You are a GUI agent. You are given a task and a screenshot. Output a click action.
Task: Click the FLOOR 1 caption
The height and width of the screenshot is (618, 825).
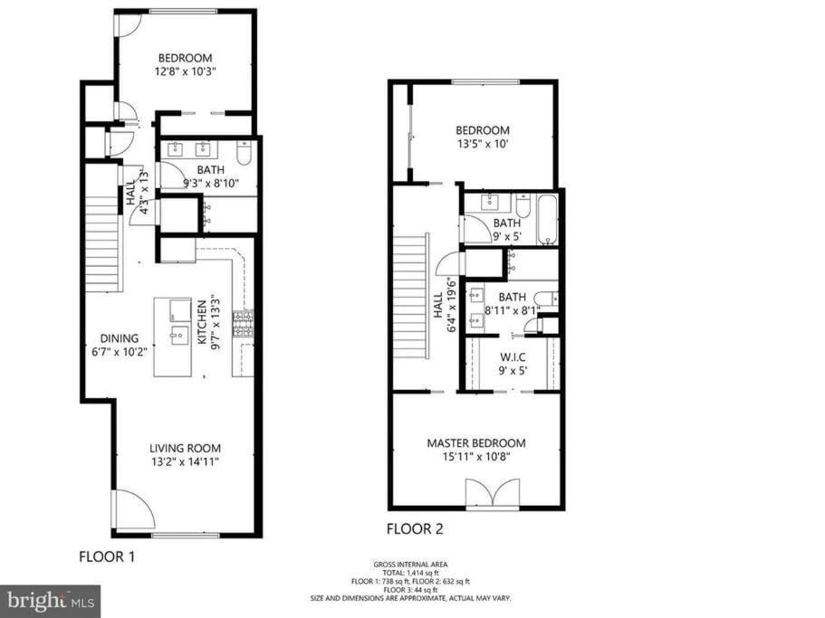click(x=107, y=556)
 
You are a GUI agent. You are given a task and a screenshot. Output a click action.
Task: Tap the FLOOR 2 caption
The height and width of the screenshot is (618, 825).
click(x=415, y=528)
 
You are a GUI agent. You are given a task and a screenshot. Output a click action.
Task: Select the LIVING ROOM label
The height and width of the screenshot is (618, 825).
click(x=186, y=448)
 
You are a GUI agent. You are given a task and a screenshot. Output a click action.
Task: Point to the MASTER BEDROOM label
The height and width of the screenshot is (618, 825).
click(x=476, y=443)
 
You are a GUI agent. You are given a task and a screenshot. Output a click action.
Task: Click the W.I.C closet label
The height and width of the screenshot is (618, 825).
click(x=513, y=357)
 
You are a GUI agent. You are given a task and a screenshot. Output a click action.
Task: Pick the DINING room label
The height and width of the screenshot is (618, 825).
click(x=120, y=338)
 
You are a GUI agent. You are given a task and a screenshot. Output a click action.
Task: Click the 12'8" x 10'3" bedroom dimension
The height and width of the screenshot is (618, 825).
click(x=186, y=71)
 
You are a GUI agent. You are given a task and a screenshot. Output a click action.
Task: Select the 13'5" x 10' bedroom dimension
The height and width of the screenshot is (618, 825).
click(x=483, y=144)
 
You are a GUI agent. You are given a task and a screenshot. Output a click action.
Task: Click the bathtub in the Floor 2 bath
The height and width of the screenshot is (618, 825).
click(x=547, y=220)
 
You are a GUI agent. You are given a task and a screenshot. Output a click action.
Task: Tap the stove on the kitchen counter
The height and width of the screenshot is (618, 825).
click(x=243, y=323)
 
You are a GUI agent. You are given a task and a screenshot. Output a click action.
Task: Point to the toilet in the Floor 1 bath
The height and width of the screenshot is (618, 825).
click(x=245, y=153)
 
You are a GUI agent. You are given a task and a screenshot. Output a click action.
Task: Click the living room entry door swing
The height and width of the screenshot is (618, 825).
click(x=133, y=509)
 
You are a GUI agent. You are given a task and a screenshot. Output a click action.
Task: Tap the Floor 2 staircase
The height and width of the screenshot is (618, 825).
click(x=411, y=297)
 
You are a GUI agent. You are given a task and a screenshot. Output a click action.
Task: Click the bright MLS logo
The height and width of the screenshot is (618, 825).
click(x=51, y=601)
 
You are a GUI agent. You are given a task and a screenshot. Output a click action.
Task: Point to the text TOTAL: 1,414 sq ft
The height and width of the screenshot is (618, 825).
click(x=411, y=573)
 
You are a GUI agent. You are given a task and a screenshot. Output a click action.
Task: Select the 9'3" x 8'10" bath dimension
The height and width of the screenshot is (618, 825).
click(x=211, y=184)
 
